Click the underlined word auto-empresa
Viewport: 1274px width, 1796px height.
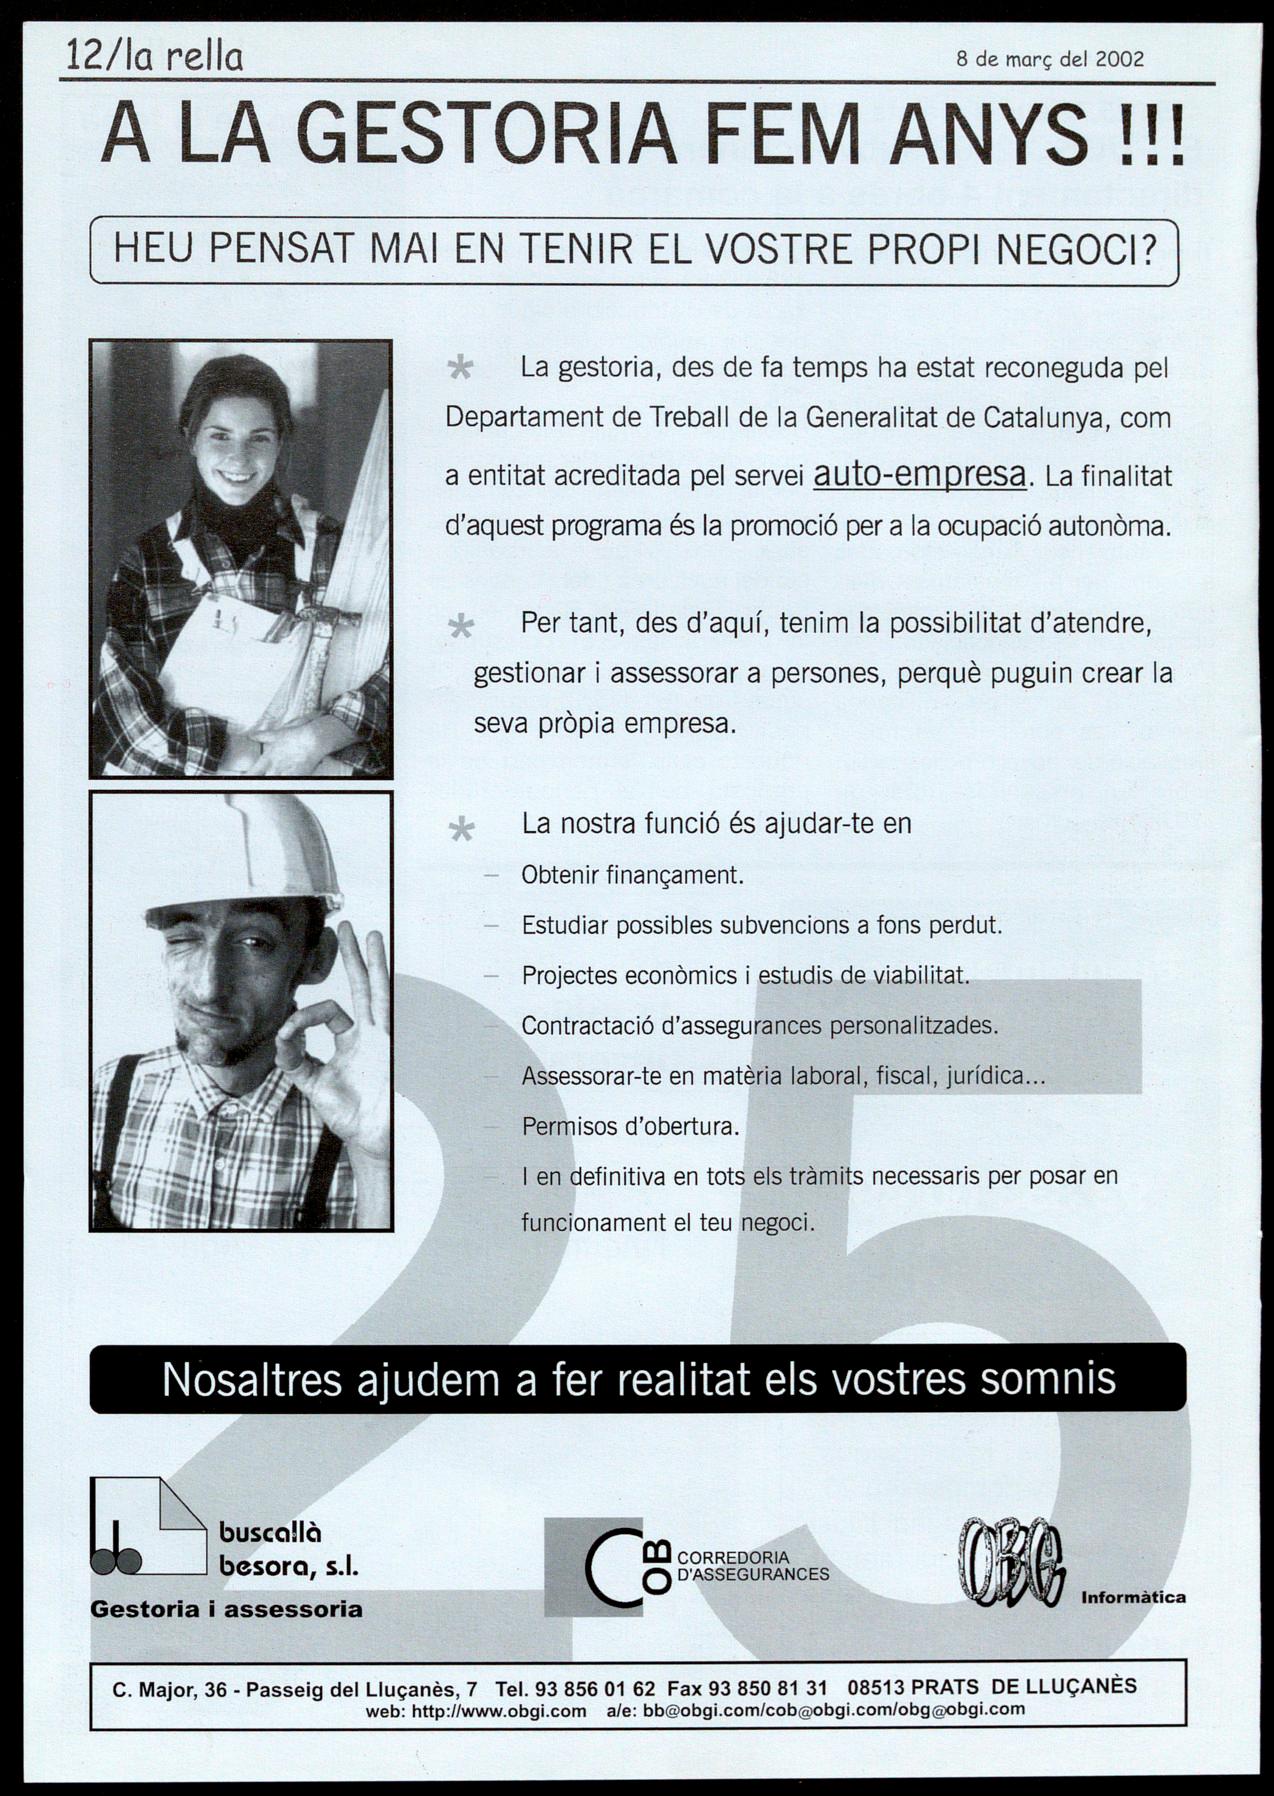click(920, 474)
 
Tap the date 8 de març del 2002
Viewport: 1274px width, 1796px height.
click(1050, 59)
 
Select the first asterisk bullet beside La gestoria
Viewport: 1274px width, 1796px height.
click(460, 369)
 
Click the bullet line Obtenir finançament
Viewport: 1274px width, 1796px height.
click(632, 876)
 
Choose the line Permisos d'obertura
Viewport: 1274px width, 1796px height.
click(630, 1127)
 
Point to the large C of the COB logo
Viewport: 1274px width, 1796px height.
click(610, 1566)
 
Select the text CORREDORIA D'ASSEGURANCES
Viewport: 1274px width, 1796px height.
click(753, 1566)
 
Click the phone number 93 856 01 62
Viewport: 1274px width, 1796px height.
click(595, 1689)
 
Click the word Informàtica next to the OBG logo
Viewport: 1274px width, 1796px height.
click(1133, 1597)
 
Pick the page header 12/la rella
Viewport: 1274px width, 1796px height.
click(154, 57)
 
